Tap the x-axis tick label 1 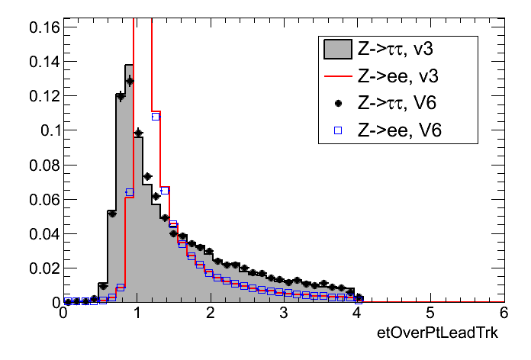coord(137,314)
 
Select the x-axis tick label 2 coord(211,314)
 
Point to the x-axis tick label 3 coord(284,314)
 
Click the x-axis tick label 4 coord(357,314)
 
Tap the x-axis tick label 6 coord(503,314)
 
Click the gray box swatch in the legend coord(337,50)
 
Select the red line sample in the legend coord(337,76)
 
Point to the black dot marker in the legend coord(337,103)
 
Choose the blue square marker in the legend coord(337,130)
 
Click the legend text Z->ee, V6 coord(401,130)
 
